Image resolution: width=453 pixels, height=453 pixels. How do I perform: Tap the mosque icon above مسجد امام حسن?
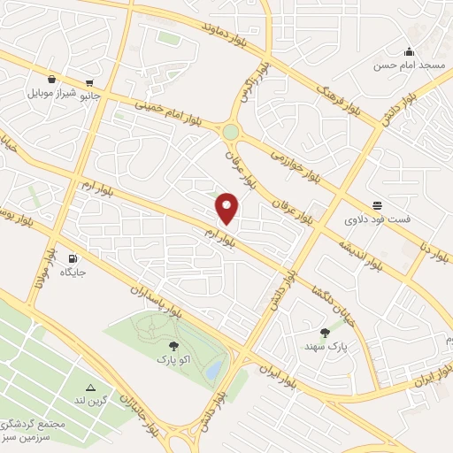click(408, 51)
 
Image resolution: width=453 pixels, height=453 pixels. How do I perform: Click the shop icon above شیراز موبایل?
click(53, 78)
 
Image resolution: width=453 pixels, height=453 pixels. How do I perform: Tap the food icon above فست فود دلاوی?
click(378, 204)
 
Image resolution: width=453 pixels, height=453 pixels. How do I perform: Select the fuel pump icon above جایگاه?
click(72, 258)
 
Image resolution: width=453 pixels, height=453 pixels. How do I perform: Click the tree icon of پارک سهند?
click(326, 333)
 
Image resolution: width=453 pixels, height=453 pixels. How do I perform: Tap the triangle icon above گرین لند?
click(90, 388)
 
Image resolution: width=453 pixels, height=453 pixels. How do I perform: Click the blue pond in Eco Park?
click(215, 372)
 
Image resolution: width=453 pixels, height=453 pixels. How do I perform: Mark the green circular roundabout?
click(231, 132)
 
